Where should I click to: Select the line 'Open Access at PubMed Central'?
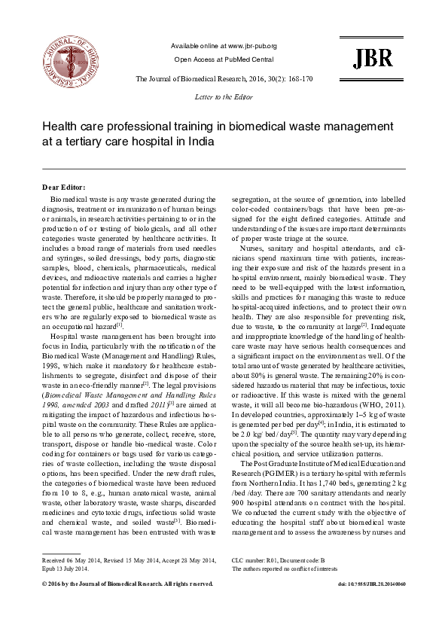(x=224, y=59)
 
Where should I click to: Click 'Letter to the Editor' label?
(x=224, y=96)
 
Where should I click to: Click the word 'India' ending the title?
(x=239, y=141)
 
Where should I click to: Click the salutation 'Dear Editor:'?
(x=64, y=187)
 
